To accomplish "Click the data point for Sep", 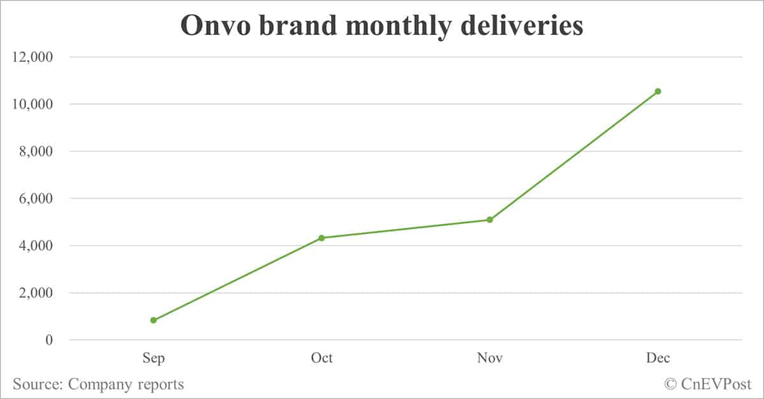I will pyautogui.click(x=153, y=320).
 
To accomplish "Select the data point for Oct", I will pyautogui.click(x=322, y=238).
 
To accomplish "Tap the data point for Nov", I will pyautogui.click(x=490, y=220).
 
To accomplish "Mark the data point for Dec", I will pyautogui.click(x=658, y=92).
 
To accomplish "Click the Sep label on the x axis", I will pyautogui.click(x=153, y=358).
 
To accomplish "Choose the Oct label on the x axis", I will pyautogui.click(x=322, y=358).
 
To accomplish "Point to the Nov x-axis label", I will pyautogui.click(x=490, y=358).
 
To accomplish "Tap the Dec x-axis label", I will pyautogui.click(x=658, y=358).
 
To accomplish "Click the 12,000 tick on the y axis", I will pyautogui.click(x=32, y=57).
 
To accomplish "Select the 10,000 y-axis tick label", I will pyautogui.click(x=32, y=104).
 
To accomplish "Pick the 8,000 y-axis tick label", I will pyautogui.click(x=35, y=151).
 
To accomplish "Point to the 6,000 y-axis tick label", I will pyautogui.click(x=35, y=199).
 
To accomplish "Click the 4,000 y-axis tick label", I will pyautogui.click(x=35, y=246).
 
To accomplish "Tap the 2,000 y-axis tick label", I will pyautogui.click(x=35, y=293).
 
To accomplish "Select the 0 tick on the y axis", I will pyautogui.click(x=49, y=340).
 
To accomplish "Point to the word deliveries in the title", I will pyautogui.click(x=519, y=25).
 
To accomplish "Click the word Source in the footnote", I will pyautogui.click(x=37, y=384).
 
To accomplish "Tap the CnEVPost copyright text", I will pyautogui.click(x=708, y=384).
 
